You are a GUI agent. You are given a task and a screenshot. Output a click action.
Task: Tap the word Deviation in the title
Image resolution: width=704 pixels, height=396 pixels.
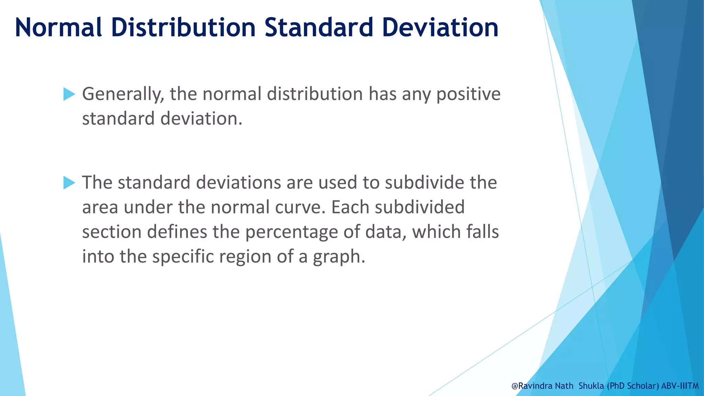pos(440,27)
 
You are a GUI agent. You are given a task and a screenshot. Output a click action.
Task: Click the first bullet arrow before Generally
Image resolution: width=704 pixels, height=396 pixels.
pos(69,94)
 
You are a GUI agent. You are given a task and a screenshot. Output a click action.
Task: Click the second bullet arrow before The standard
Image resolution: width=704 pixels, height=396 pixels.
pos(69,183)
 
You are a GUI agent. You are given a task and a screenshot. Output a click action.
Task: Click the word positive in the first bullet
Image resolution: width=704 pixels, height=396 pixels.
pos(468,94)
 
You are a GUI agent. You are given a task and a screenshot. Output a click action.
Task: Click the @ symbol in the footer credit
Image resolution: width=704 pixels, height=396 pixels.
pos(515,386)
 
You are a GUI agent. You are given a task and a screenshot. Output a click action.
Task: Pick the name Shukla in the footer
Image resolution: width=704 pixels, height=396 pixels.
pos(591,386)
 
